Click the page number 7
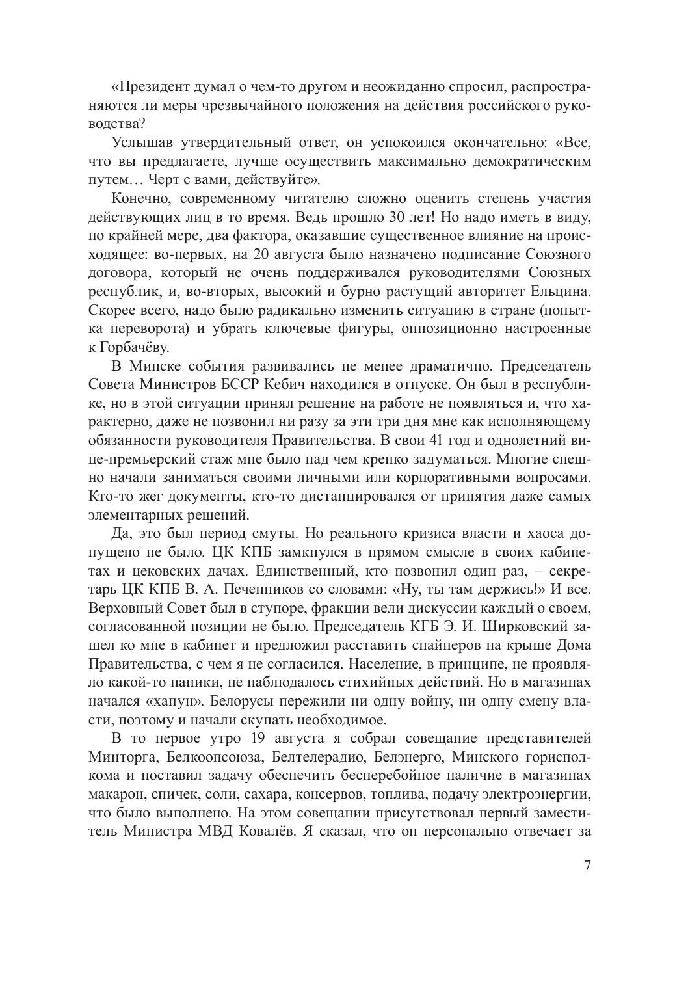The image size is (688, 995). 587,866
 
